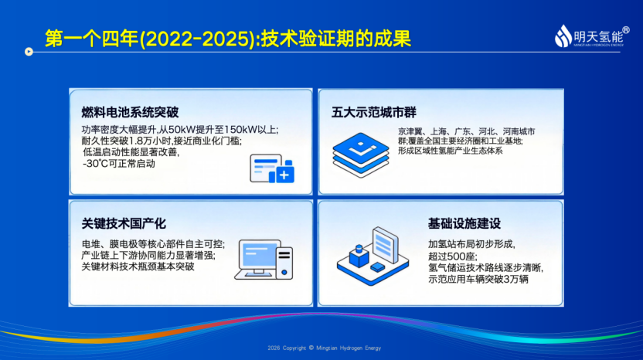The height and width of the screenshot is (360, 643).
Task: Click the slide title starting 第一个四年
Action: tap(227, 39)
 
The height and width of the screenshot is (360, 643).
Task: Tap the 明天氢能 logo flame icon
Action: tap(563, 36)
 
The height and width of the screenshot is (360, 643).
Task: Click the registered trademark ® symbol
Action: tap(626, 30)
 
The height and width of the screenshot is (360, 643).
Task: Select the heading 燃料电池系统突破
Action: tap(130, 112)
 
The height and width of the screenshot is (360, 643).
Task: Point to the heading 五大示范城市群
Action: tap(373, 112)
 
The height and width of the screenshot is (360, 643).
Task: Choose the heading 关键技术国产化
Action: tap(124, 223)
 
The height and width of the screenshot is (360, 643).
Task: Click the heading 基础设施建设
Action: tap(464, 223)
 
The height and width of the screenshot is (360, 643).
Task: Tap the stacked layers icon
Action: tap(360, 155)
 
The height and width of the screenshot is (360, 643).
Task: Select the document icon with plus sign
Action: tap(272, 168)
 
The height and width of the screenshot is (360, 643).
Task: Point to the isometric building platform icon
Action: tap(373, 256)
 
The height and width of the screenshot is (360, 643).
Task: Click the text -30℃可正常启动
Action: tap(119, 164)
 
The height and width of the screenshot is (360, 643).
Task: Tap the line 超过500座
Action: tap(453, 256)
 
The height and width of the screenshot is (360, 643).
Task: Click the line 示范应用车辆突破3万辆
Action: tap(478, 279)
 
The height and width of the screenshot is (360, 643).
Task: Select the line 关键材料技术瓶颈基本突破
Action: tap(138, 267)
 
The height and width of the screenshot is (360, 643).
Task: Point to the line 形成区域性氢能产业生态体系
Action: tap(451, 151)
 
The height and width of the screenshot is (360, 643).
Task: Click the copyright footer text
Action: tap(325, 348)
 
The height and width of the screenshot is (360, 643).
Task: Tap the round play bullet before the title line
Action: tap(29, 52)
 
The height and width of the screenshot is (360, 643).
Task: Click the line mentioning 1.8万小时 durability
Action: tap(162, 141)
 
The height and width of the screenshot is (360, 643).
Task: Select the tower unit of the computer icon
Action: tap(284, 263)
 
